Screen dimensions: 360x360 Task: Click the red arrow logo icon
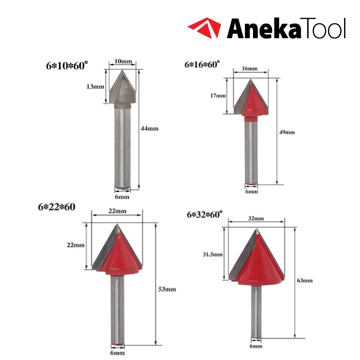[205, 28]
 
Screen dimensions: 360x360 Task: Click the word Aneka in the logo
[263, 28]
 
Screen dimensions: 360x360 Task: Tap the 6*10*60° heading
[67, 66]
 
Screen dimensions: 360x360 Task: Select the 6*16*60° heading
[202, 64]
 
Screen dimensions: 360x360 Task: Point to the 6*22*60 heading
[57, 207]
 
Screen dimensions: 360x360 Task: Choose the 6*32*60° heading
[205, 214]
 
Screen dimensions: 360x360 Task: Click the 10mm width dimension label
[123, 61]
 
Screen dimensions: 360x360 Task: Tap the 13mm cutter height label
[95, 86]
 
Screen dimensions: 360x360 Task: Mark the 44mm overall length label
[150, 129]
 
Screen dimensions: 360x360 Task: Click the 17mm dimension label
[218, 96]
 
